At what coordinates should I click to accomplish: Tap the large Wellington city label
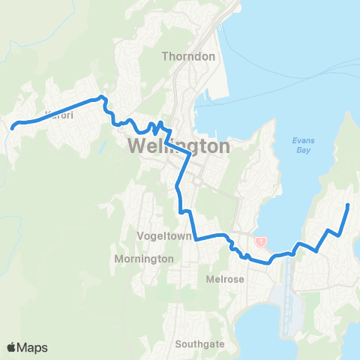(x=178, y=146)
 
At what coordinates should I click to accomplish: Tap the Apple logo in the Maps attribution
(x=12, y=347)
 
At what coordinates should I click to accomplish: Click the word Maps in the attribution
(x=33, y=347)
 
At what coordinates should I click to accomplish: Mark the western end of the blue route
(x=12, y=128)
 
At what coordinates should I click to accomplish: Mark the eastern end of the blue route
(x=349, y=204)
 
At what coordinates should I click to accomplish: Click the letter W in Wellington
(x=137, y=146)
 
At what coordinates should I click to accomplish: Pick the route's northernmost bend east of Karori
(x=103, y=97)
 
